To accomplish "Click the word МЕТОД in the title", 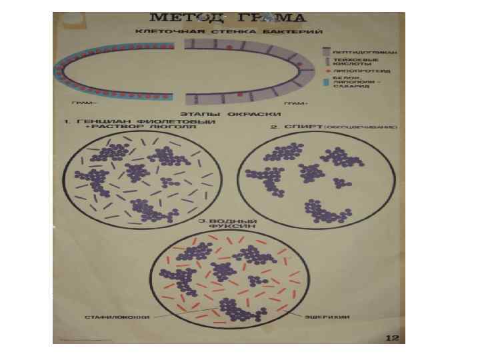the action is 179,17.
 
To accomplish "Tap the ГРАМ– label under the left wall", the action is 85,103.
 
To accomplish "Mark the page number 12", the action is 393,338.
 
